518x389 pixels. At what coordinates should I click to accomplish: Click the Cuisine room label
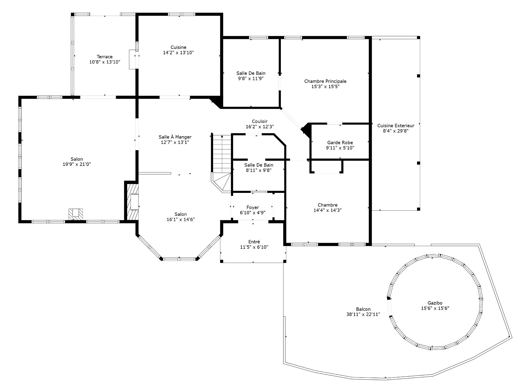click(178, 48)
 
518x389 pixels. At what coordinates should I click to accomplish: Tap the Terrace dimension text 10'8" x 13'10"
click(105, 62)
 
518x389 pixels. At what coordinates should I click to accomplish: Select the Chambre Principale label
click(325, 81)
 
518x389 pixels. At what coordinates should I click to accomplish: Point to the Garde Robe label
click(340, 143)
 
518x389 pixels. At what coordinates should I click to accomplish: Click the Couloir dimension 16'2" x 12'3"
click(260, 127)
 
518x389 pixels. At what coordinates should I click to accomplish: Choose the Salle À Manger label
click(175, 137)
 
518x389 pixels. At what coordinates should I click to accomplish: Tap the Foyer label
click(253, 207)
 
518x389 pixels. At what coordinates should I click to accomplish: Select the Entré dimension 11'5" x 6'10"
click(254, 247)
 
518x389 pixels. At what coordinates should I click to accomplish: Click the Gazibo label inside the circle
click(435, 303)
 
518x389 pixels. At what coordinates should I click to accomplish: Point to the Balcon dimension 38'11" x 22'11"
click(363, 314)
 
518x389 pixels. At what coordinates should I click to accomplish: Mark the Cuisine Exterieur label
click(396, 126)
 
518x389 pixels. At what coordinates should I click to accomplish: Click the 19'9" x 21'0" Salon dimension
click(77, 164)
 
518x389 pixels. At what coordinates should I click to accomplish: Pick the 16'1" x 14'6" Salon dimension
click(180, 220)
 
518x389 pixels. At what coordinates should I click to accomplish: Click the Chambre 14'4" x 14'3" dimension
click(328, 210)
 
